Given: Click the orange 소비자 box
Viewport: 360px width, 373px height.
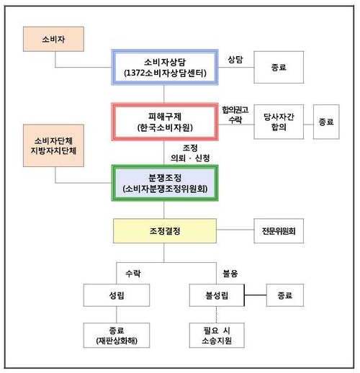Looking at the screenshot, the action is coord(53,39).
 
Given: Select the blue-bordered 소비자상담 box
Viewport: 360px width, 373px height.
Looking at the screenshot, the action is coord(165,67).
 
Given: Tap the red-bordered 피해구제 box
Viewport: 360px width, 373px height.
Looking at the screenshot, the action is coord(165,122).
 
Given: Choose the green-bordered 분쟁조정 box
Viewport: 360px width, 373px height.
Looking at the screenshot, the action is coord(165,183).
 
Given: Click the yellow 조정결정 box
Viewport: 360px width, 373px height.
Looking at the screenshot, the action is coord(165,230).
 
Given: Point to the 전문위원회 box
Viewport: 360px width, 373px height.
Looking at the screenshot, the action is coord(279,230).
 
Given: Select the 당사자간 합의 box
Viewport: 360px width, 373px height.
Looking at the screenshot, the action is coord(279,122).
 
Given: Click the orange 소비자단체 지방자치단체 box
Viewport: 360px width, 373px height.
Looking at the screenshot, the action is coord(53,145).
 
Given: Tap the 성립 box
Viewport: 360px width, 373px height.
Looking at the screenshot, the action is coord(117,295).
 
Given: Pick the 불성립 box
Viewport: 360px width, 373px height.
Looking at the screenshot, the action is coord(217,295).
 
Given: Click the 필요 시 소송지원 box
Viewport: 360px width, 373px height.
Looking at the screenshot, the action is coord(217,336).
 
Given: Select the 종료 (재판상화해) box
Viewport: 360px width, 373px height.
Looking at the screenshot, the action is coord(117,336).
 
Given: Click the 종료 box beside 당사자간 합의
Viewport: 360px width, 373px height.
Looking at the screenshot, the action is coord(326,122).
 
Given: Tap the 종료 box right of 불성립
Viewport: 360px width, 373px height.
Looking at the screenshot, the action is coord(285,295).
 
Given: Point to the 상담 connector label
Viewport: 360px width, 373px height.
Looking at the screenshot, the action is coord(235,60).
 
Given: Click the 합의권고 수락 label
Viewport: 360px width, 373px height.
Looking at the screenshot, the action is coord(235,114).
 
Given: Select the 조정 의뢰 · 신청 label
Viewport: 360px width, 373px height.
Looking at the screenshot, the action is coord(190,153).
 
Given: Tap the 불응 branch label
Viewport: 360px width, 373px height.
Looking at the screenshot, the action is coord(230,274).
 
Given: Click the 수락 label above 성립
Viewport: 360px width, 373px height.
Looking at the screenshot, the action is coord(133,274).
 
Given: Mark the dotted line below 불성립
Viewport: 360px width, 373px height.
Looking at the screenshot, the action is coord(217,315).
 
